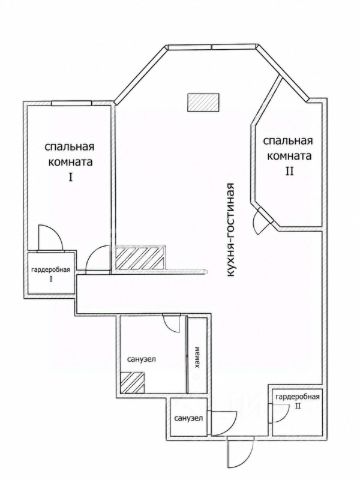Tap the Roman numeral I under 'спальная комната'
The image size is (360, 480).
70,177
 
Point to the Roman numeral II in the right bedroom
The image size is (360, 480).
289,171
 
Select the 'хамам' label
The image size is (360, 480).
197,357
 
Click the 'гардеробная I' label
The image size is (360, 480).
51,273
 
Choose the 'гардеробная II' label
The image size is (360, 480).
298,401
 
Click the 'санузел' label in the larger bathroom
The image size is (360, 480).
142,359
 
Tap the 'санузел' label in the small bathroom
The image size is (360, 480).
188,418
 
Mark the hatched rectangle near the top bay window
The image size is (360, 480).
203,102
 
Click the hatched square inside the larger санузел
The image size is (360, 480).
133,383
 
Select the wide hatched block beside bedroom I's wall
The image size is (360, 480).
140,258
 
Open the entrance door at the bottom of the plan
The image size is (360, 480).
240,452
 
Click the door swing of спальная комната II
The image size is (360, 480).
259,223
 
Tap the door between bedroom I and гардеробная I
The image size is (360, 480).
50,238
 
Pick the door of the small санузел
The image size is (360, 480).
224,423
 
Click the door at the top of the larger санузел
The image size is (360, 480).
171,322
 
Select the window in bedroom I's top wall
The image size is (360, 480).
71,103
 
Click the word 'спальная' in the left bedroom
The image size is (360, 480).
69,147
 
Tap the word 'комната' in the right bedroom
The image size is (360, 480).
289,156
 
